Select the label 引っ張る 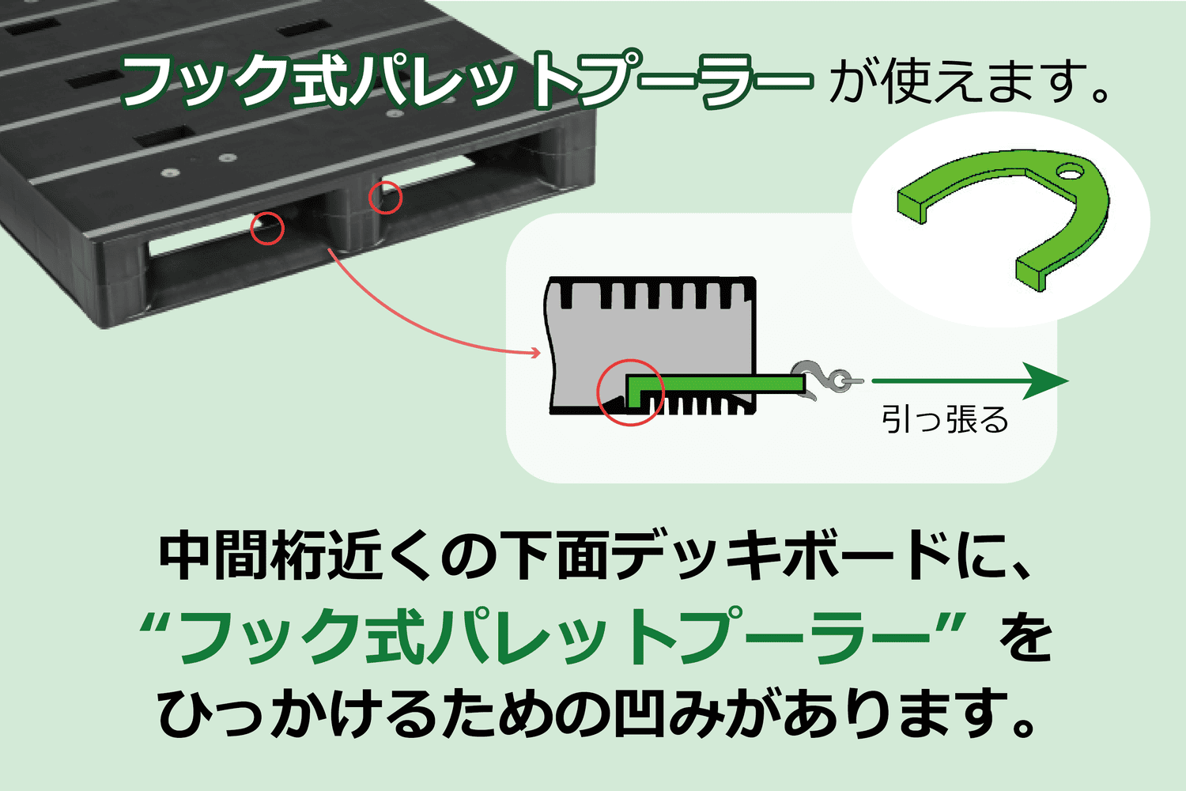point(945,419)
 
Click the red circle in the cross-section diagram point(630,392)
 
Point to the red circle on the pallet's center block point(386,197)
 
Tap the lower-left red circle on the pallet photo point(267,229)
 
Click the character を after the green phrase point(1025,637)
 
